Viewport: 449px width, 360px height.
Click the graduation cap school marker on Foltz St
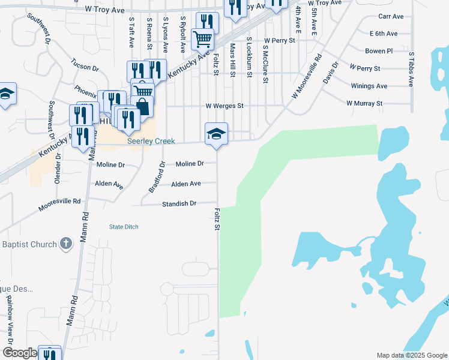click(216, 133)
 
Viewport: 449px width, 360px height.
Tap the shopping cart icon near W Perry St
click(202, 39)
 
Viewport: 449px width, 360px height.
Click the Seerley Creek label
click(151, 142)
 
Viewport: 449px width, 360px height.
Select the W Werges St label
click(224, 106)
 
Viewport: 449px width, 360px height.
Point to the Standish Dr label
click(179, 204)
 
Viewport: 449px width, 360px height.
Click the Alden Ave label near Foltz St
click(185, 184)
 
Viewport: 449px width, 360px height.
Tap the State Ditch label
click(124, 226)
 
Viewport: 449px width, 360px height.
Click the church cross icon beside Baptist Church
click(66, 244)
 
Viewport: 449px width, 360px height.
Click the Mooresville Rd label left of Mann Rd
click(59, 205)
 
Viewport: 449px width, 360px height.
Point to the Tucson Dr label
click(84, 64)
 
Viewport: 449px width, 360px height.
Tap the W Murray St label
click(364, 103)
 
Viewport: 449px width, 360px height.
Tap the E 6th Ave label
click(384, 34)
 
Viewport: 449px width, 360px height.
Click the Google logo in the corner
click(19, 353)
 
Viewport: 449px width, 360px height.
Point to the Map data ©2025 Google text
click(411, 355)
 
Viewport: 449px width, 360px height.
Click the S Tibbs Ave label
click(411, 70)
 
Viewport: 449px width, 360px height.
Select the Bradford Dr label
click(155, 176)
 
